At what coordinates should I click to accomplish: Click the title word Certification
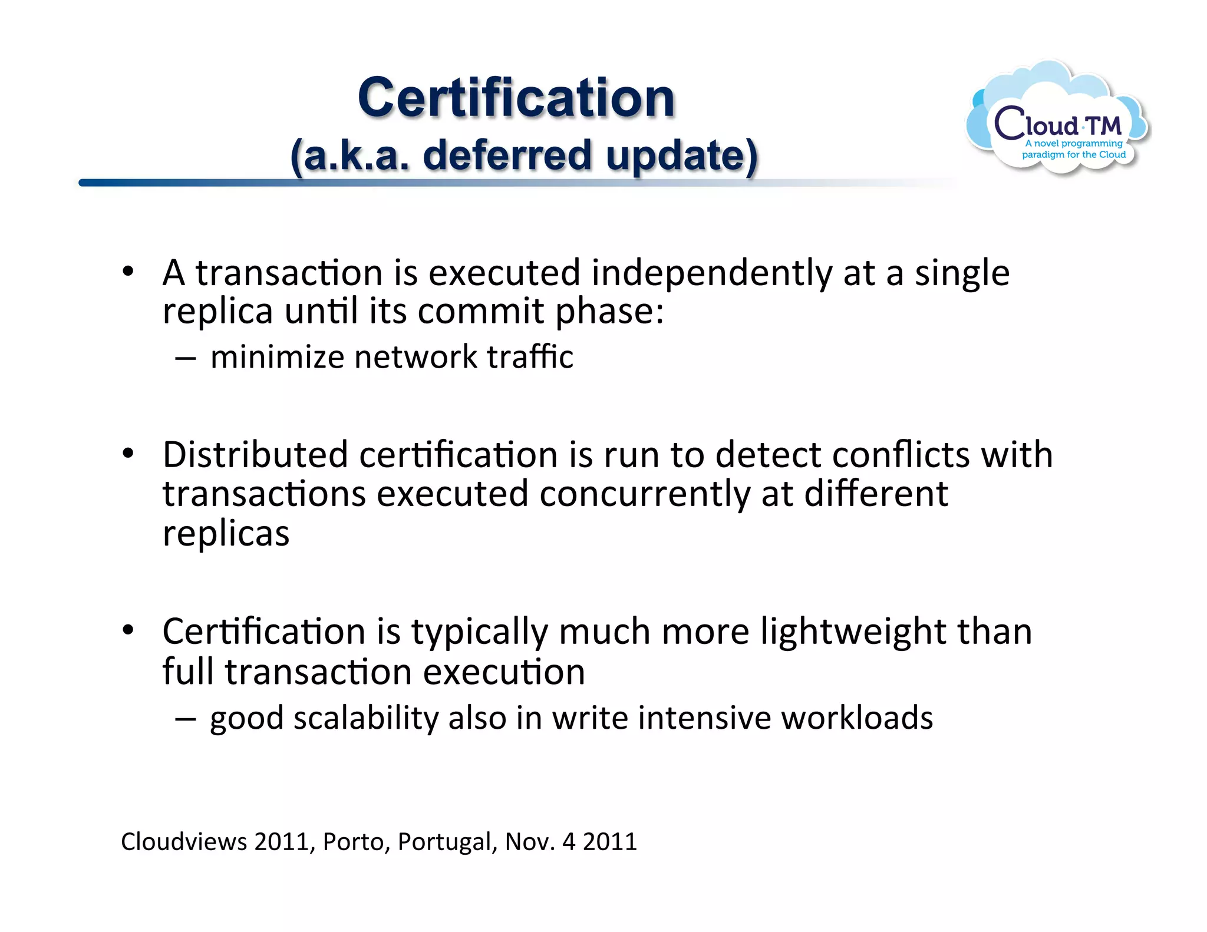click(x=516, y=98)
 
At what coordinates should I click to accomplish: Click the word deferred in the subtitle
click(x=507, y=156)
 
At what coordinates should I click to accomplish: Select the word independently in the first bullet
click(x=712, y=274)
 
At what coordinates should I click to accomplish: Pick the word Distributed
click(x=255, y=455)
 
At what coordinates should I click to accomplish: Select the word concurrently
click(x=645, y=494)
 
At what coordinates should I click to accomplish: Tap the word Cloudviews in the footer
click(x=184, y=841)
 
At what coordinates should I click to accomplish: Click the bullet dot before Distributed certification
click(x=128, y=454)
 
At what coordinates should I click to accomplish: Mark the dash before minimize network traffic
click(x=185, y=358)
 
